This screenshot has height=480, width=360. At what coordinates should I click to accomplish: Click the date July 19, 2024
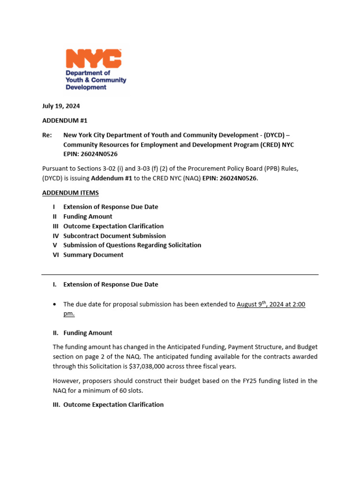pyautogui.click(x=61, y=106)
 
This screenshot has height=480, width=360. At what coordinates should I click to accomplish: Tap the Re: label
pyautogui.click(x=47, y=135)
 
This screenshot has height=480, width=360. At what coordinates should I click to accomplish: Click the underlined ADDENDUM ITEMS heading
pyautogui.click(x=70, y=193)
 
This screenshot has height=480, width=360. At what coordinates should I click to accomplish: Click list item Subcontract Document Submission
pyautogui.click(x=114, y=236)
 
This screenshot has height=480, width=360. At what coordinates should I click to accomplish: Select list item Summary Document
pyautogui.click(x=93, y=255)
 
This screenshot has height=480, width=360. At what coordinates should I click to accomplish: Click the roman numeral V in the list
pyautogui.click(x=54, y=245)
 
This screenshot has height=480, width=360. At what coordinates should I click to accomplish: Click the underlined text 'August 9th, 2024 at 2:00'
pyautogui.click(x=270, y=304)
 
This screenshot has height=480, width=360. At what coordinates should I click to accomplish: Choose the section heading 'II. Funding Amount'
pyautogui.click(x=82, y=333)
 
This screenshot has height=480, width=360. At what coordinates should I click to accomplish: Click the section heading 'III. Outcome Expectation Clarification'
pyautogui.click(x=108, y=405)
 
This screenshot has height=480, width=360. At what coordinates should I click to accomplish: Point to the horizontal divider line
pyautogui.click(x=180, y=274)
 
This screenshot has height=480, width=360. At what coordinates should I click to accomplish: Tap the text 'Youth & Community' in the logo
pyautogui.click(x=96, y=80)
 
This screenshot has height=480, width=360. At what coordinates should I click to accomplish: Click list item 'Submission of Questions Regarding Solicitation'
pyautogui.click(x=132, y=245)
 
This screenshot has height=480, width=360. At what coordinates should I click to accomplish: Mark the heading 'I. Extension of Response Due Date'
pyautogui.click(x=105, y=285)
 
